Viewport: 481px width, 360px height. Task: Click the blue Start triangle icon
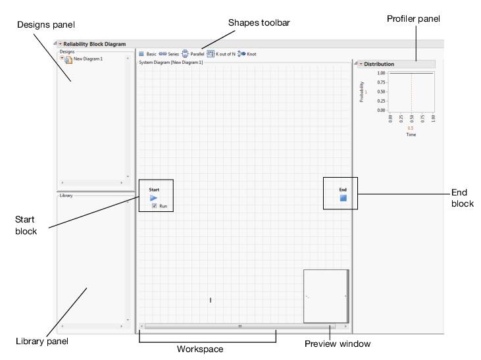[153, 197]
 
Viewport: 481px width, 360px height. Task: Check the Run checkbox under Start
[154, 206]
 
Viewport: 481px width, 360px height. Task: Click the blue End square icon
[343, 197]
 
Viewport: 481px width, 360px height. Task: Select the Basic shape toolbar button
[141, 54]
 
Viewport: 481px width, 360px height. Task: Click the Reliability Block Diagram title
[94, 44]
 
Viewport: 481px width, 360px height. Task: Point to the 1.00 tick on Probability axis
[382, 73]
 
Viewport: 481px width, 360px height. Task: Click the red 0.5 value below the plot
[411, 128]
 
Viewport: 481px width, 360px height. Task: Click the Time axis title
[411, 134]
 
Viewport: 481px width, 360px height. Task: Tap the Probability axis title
[362, 91]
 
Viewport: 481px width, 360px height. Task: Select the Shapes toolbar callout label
[259, 22]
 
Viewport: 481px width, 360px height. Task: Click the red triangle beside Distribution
[361, 64]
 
